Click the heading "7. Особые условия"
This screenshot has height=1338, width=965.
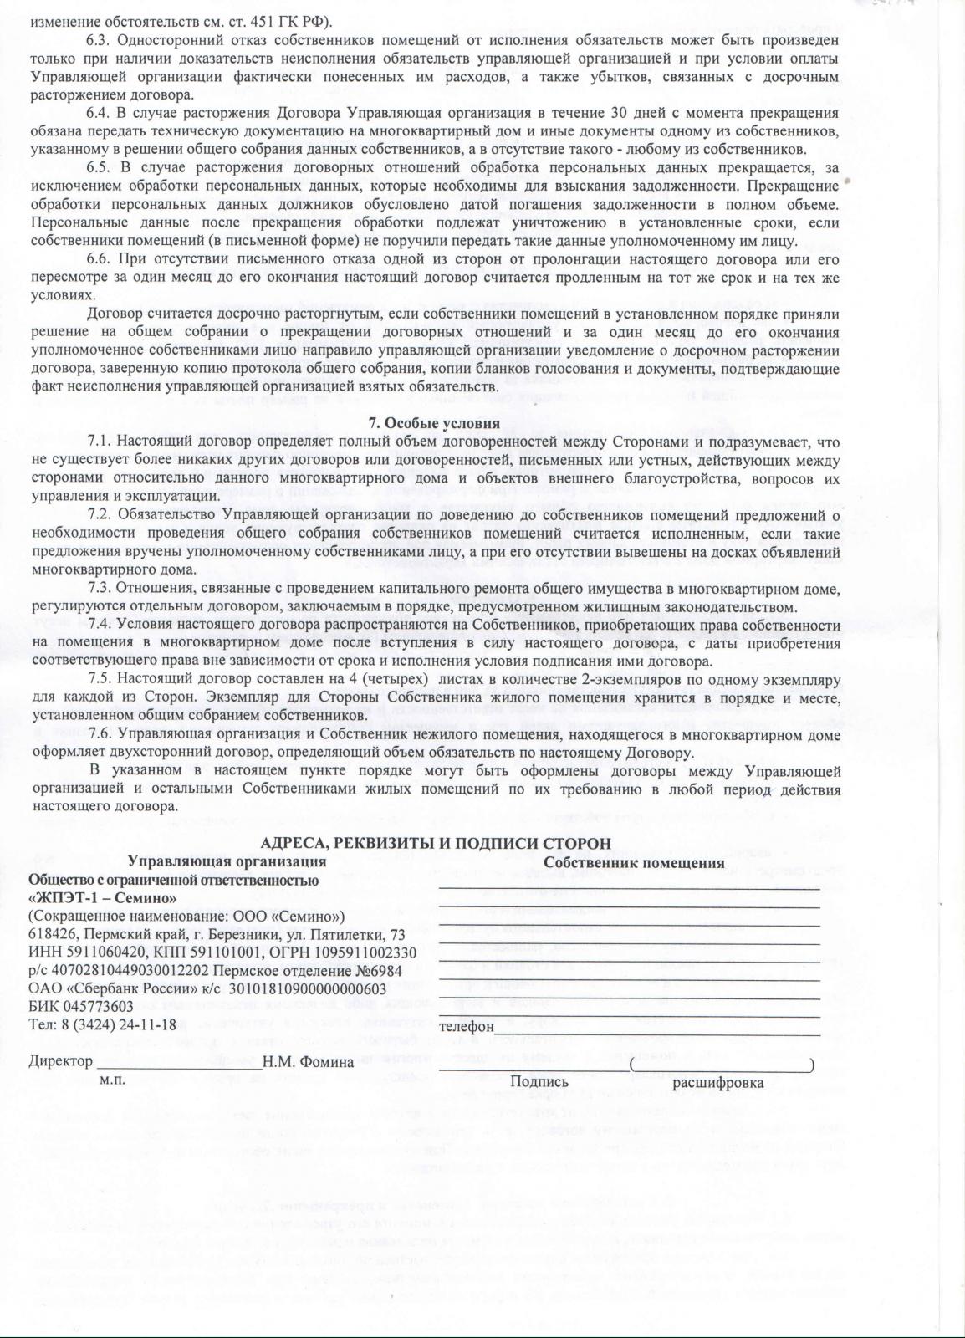point(435,423)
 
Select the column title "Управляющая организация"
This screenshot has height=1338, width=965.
point(227,861)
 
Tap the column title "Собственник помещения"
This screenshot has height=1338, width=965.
point(634,862)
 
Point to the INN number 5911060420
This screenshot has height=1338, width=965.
point(99,952)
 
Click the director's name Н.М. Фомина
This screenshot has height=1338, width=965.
point(308,1062)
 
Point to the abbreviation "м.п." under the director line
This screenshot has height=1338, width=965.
point(112,1080)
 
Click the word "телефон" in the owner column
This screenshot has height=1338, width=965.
point(466,1025)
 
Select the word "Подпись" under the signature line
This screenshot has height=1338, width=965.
point(539,1082)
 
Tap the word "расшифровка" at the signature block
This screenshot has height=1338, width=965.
point(717,1082)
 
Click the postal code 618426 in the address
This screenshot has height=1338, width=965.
point(49,934)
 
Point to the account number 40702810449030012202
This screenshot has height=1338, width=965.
point(130,970)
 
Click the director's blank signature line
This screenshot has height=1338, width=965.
point(179,1064)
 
